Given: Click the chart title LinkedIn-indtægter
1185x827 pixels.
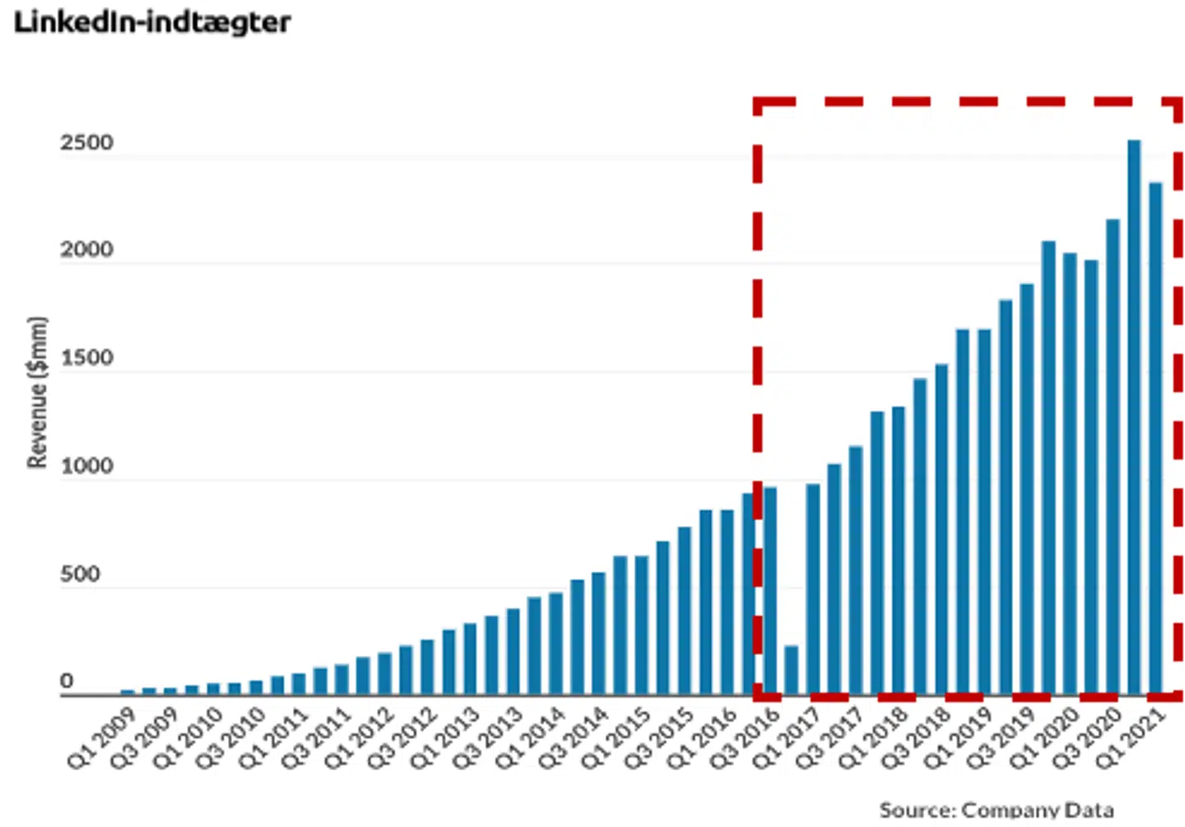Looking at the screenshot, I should point(152,22).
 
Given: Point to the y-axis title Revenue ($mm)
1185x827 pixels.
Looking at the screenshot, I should point(37,393).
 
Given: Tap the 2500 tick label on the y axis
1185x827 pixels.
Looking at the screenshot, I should point(86,143).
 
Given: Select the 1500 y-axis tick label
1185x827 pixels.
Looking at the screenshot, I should point(86,359).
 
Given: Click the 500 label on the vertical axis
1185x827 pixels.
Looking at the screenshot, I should point(80,574).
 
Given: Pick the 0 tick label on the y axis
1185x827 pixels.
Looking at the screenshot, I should point(67,682).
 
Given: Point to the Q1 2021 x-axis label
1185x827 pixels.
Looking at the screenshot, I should point(1130,738).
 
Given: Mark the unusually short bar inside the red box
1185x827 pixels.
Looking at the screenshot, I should point(792,670).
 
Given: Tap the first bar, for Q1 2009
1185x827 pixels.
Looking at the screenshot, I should point(128,692).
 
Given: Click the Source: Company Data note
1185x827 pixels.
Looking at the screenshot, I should point(996,811).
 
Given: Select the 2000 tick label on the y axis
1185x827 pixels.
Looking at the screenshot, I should point(86,250).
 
